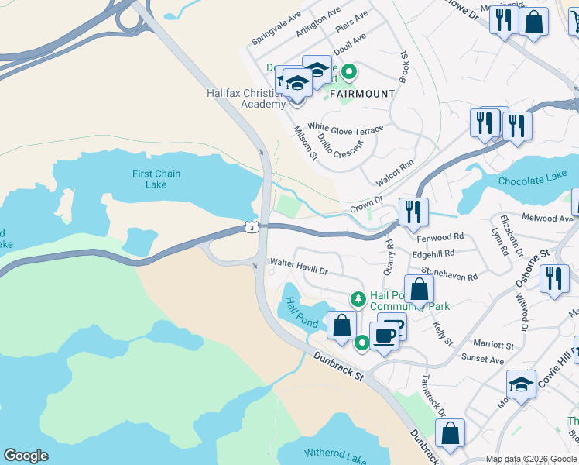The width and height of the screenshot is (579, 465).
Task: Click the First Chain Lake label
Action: coord(156,179)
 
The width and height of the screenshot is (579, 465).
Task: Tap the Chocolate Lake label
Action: coord(527,181)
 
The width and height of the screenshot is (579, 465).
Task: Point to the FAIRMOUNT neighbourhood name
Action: coord(362,94)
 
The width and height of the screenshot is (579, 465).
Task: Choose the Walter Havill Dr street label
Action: coord(299,267)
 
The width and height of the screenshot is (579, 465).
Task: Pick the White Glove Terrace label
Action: coord(345,128)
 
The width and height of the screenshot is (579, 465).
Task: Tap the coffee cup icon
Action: coord(384,335)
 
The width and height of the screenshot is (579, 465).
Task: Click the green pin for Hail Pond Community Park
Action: coord(358,298)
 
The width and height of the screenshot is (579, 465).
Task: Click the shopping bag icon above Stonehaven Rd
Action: coord(419,289)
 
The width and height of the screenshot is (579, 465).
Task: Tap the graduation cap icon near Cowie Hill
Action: coord(521,384)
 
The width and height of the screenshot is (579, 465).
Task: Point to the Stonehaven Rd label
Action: coord(450,275)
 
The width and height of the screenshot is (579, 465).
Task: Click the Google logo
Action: coord(26,456)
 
